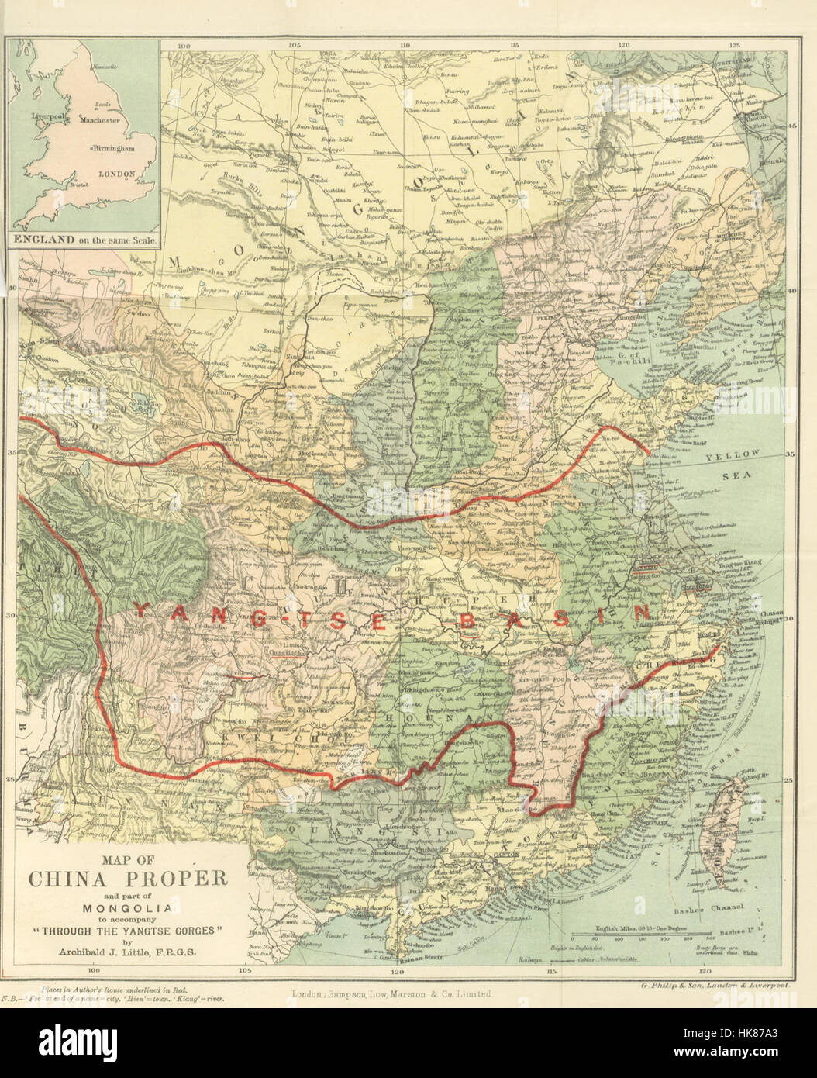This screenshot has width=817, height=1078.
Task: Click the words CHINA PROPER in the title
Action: pos(128,879)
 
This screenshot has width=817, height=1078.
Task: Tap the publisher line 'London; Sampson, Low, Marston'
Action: pos(388,993)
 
